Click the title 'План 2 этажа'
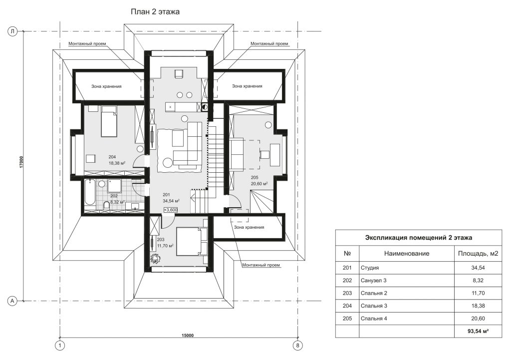pos(155,12)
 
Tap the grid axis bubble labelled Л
pos(12,31)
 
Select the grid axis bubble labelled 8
pos(297,346)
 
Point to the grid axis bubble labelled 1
pos(60,346)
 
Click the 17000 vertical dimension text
pos(21,162)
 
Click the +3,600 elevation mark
pos(171,210)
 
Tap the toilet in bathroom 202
pos(106,206)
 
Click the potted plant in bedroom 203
pos(155,258)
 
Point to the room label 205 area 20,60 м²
pos(259,181)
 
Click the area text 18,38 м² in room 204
pos(117,163)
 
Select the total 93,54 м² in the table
pos(478,331)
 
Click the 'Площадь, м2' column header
pos(478,253)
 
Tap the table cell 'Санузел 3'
pos(373,281)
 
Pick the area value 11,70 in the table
pos(478,293)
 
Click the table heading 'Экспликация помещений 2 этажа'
pos(419,238)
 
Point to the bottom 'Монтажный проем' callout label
pos(261,265)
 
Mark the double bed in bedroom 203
pos(192,242)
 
